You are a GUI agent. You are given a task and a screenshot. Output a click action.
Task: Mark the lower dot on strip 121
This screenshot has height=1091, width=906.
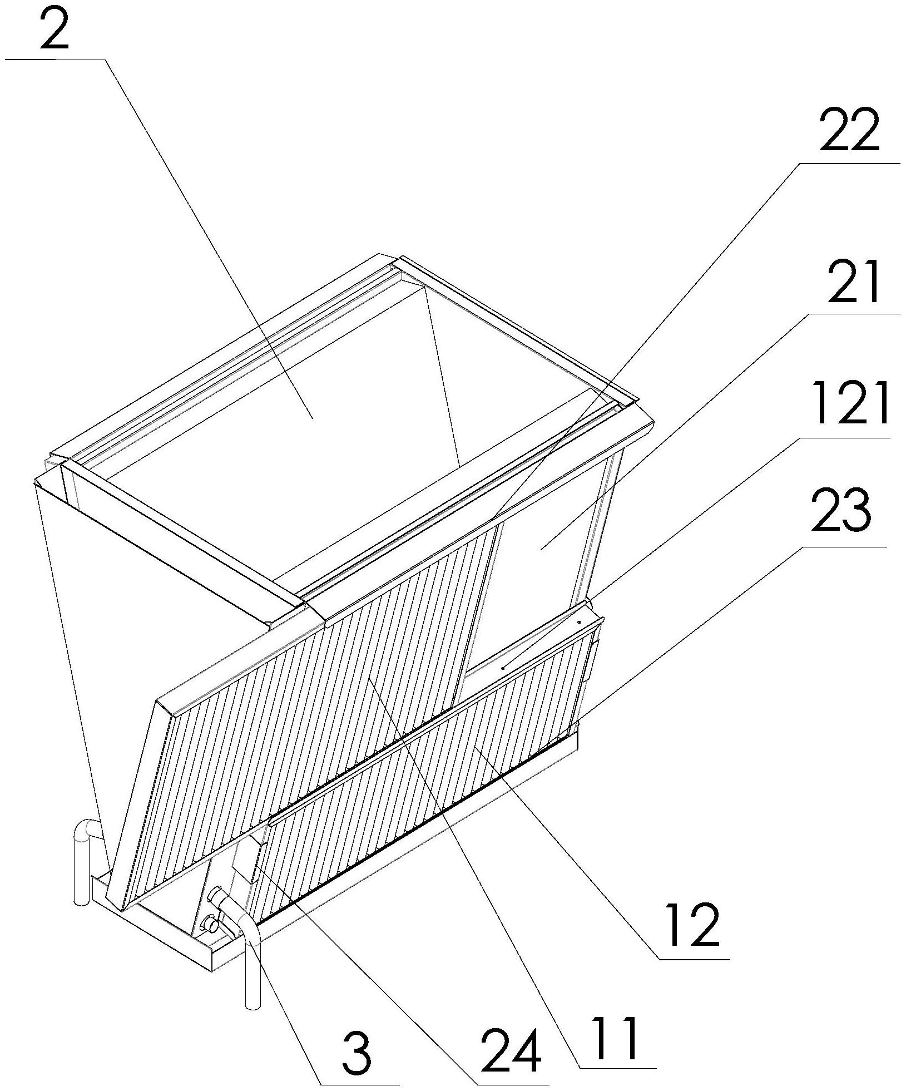click(502, 668)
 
